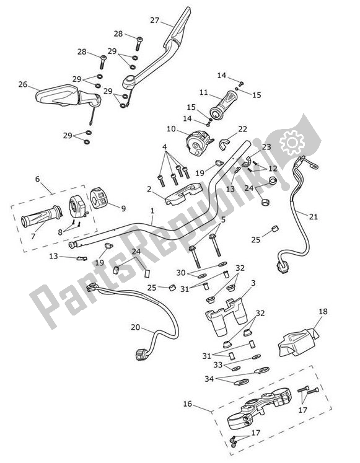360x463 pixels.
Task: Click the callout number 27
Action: coord(154,20)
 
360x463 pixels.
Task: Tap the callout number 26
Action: coord(23,84)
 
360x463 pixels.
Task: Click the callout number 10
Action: coord(172,129)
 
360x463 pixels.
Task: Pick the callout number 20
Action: coord(136,327)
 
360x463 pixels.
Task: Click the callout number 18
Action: coord(323,312)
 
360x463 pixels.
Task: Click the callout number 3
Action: coord(253,283)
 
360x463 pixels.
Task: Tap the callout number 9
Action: coord(123,208)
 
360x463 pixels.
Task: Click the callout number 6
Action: coord(38,179)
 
